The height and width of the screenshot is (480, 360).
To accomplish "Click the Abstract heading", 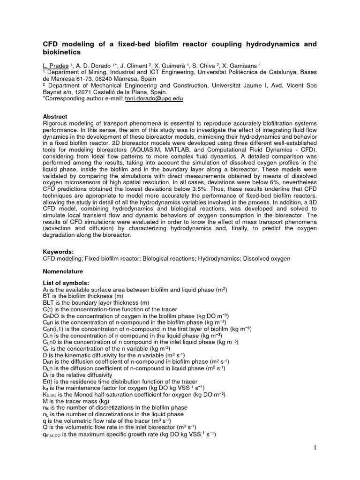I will (55, 117).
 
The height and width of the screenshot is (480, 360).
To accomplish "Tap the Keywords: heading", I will (58, 252).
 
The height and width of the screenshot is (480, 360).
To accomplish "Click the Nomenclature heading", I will (63, 271).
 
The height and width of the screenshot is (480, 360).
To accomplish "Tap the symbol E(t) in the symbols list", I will (47, 382).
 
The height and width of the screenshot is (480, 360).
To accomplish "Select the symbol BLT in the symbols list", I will (48, 303).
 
